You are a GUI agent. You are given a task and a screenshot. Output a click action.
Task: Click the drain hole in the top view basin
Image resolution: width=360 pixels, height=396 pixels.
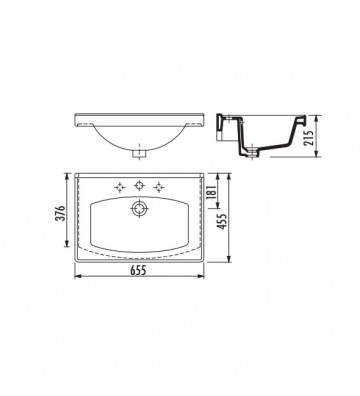point(137,211)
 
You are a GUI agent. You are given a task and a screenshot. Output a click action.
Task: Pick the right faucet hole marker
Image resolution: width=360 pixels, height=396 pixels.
point(158,185)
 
